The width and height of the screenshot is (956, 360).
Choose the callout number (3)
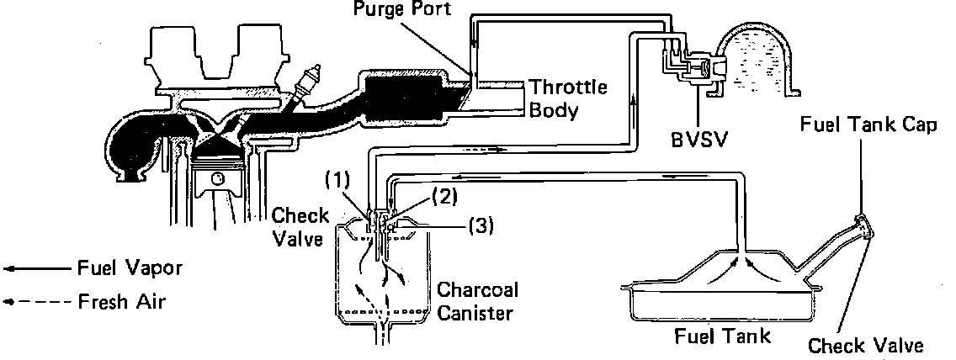coord(478,225)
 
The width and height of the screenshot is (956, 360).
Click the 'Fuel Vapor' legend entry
coord(125,268)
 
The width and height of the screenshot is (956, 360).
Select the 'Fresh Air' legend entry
coord(119,301)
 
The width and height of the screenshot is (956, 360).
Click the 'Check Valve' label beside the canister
coord(300,226)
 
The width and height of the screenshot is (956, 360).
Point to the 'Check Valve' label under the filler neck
coord(865,345)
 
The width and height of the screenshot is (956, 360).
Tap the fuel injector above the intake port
coord(316,81)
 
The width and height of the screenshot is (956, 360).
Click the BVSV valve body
coord(698,67)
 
